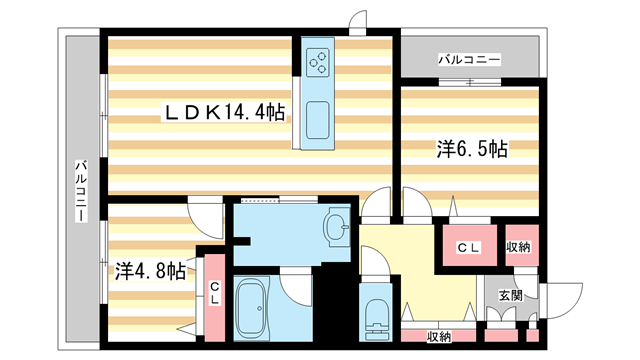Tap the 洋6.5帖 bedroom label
(x=471, y=150)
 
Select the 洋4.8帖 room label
(x=150, y=270)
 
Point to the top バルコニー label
(x=468, y=61)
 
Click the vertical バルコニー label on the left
(x=80, y=190)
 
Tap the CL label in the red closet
(x=469, y=247)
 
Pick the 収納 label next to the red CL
(x=517, y=247)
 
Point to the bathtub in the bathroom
(x=254, y=311)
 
